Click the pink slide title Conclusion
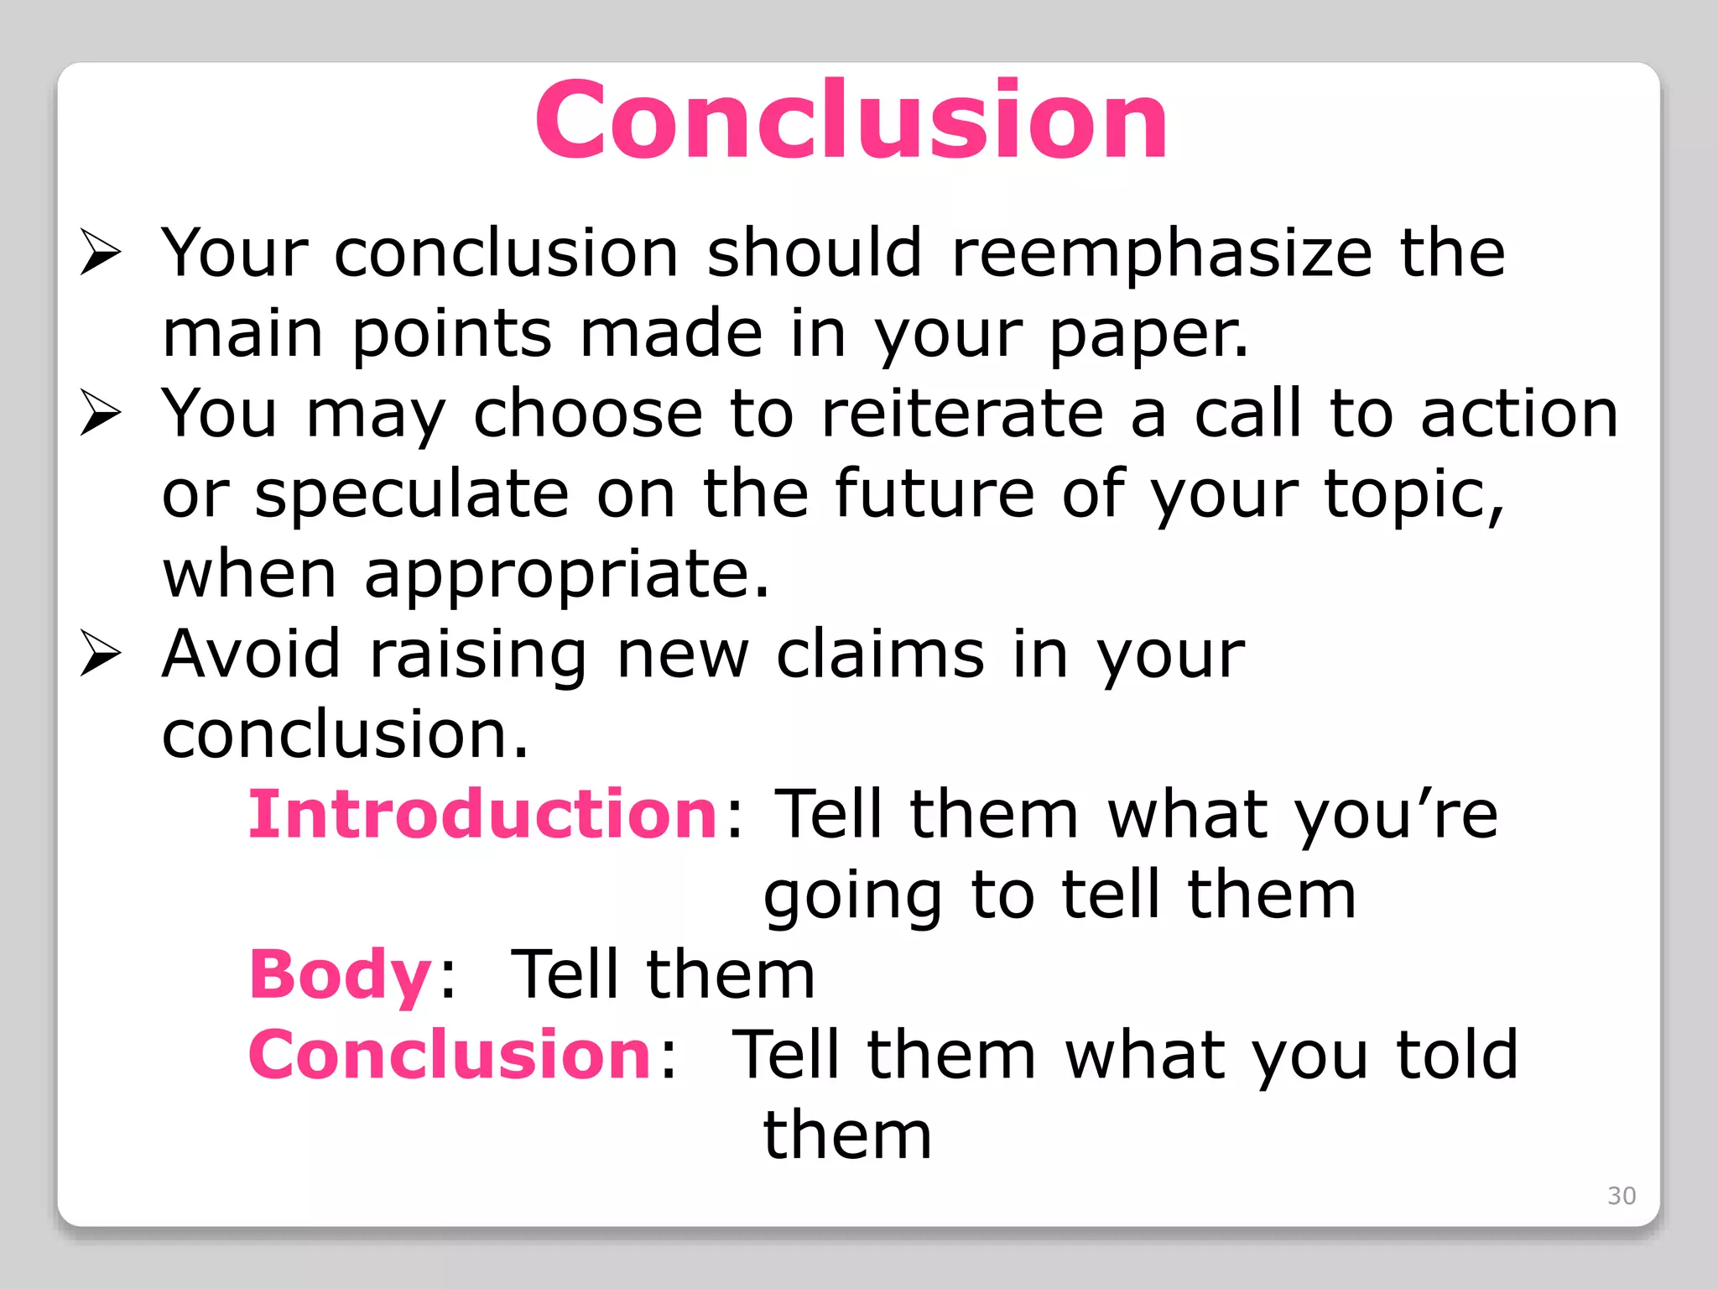tap(851, 119)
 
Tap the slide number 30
tap(1621, 1195)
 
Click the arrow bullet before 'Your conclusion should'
tap(101, 253)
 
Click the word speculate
tap(412, 495)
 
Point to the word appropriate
tap(565, 576)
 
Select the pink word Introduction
tap(482, 814)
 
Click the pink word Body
tap(340, 974)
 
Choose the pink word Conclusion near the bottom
tap(450, 1055)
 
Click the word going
tap(852, 896)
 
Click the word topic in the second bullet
tap(1412, 495)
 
